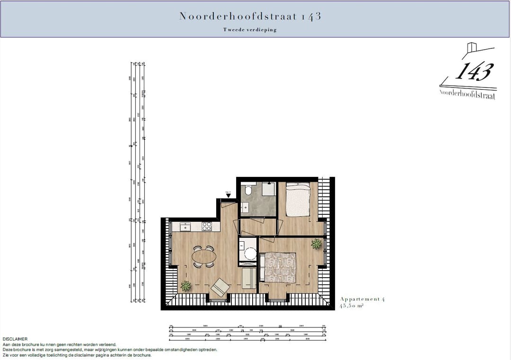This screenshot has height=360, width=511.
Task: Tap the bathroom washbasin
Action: point(245,207)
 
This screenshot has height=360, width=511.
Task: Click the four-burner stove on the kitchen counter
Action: point(207,227)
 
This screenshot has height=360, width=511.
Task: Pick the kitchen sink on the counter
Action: point(185,227)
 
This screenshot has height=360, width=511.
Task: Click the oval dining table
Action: point(204,256)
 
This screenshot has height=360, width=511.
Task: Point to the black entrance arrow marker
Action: point(228,195)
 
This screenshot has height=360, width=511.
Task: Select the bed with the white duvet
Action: point(298,199)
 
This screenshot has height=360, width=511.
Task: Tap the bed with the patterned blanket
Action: point(280,267)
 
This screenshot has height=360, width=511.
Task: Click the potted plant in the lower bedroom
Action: point(316,244)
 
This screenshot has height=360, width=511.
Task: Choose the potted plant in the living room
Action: point(186,286)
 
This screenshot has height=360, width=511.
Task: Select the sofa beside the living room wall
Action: point(248,279)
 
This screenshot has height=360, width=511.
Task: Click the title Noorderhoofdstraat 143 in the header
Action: point(250,16)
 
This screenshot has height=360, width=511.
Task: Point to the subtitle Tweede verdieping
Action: point(250,30)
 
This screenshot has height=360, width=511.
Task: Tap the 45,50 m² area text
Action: point(352,306)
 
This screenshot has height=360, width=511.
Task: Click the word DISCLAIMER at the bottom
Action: point(15,339)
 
